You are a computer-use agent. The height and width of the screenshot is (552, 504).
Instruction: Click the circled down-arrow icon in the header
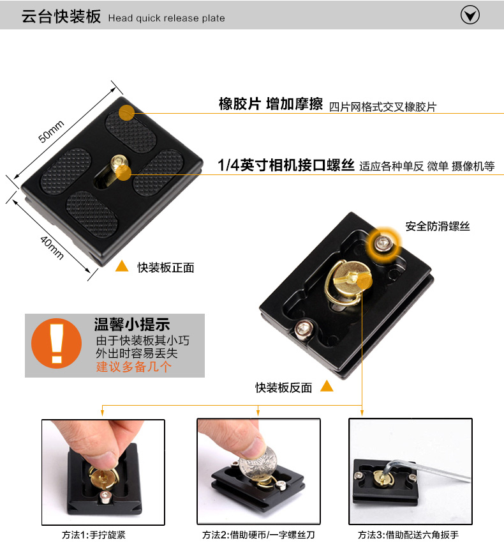470,15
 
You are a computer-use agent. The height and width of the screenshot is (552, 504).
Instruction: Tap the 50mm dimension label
51,132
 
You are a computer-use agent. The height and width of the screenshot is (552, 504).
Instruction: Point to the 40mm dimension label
52,247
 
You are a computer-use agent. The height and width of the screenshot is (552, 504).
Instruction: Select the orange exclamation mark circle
57,343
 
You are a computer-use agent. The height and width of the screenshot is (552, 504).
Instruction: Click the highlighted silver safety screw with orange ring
383,243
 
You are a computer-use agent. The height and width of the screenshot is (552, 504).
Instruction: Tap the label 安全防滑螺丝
438,226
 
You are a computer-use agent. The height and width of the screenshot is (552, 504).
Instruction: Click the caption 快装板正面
165,268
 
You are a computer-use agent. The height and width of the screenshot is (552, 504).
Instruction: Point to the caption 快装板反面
284,388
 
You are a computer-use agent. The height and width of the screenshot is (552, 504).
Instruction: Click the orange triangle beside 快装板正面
122,266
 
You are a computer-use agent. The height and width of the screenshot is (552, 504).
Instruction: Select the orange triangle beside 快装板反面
327,386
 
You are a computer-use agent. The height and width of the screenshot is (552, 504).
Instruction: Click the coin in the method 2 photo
258,462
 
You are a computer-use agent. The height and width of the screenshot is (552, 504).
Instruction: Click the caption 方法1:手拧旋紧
94,535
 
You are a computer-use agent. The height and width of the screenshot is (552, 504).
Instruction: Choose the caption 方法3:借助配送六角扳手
408,535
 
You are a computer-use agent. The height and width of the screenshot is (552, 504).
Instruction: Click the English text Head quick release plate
167,18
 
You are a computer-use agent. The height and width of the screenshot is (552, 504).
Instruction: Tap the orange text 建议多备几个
134,367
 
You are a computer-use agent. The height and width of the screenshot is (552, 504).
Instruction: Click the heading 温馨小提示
132,324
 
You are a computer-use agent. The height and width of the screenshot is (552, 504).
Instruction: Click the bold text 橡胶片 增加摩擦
271,104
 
